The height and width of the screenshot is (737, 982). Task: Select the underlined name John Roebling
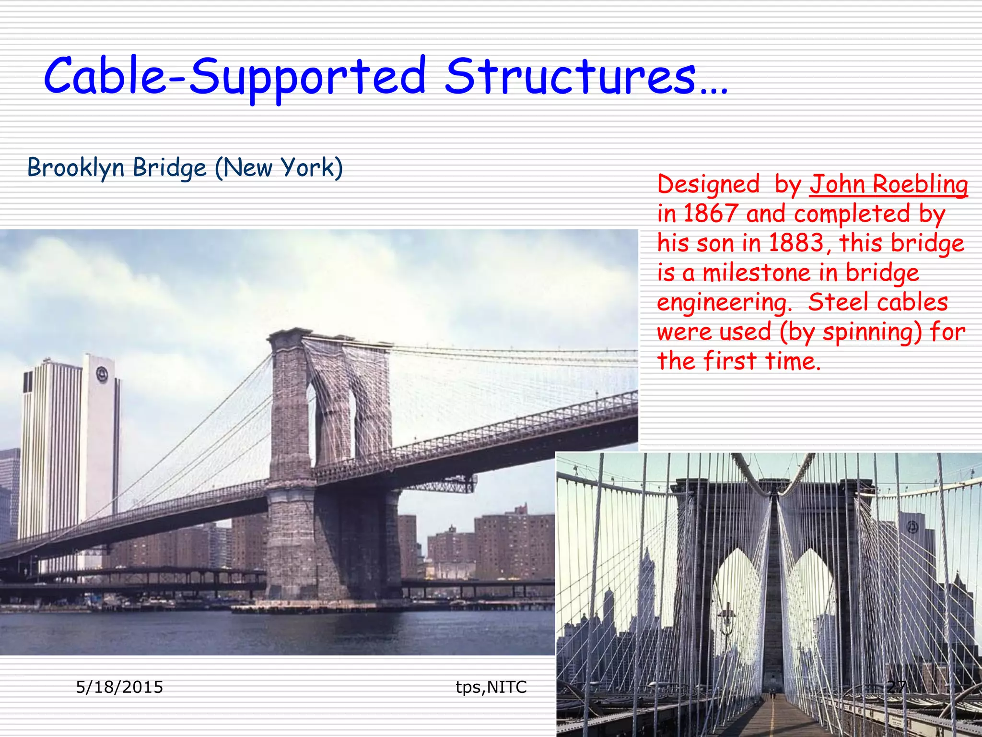click(x=888, y=185)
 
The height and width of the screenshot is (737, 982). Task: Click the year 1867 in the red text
click(x=710, y=214)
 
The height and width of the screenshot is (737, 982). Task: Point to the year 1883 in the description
click(x=796, y=243)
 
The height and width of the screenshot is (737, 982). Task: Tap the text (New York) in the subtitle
click(x=279, y=167)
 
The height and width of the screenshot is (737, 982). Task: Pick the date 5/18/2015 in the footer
click(x=119, y=687)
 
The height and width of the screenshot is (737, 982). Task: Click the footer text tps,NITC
click(x=491, y=687)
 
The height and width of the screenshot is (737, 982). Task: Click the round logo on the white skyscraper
click(x=102, y=374)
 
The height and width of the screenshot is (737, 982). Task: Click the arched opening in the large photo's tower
click(x=312, y=422)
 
